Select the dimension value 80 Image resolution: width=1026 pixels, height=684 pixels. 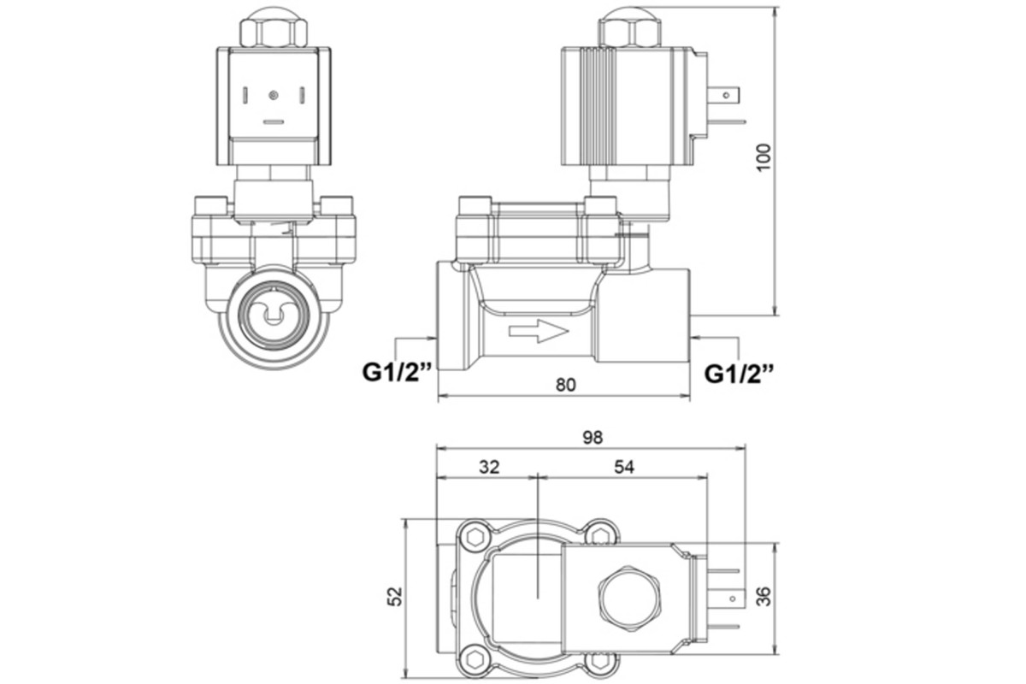coord(565,385)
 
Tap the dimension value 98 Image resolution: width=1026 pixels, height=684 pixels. coord(593,437)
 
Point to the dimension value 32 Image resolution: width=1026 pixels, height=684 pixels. coord(488,467)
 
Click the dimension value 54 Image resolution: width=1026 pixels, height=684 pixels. coord(623,467)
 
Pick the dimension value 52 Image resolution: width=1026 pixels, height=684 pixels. coord(392,595)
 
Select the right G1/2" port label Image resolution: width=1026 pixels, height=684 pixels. coord(740,373)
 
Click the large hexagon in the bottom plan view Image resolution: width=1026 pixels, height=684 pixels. coord(630,598)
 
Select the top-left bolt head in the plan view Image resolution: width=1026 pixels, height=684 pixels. coord(472,536)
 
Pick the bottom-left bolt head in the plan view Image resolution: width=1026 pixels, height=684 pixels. coord(472,658)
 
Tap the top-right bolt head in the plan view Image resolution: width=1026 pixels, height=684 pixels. coord(601,535)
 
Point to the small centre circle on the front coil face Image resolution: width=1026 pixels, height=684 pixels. coord(273,94)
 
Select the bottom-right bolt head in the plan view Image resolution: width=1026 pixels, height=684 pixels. coord(601,659)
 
